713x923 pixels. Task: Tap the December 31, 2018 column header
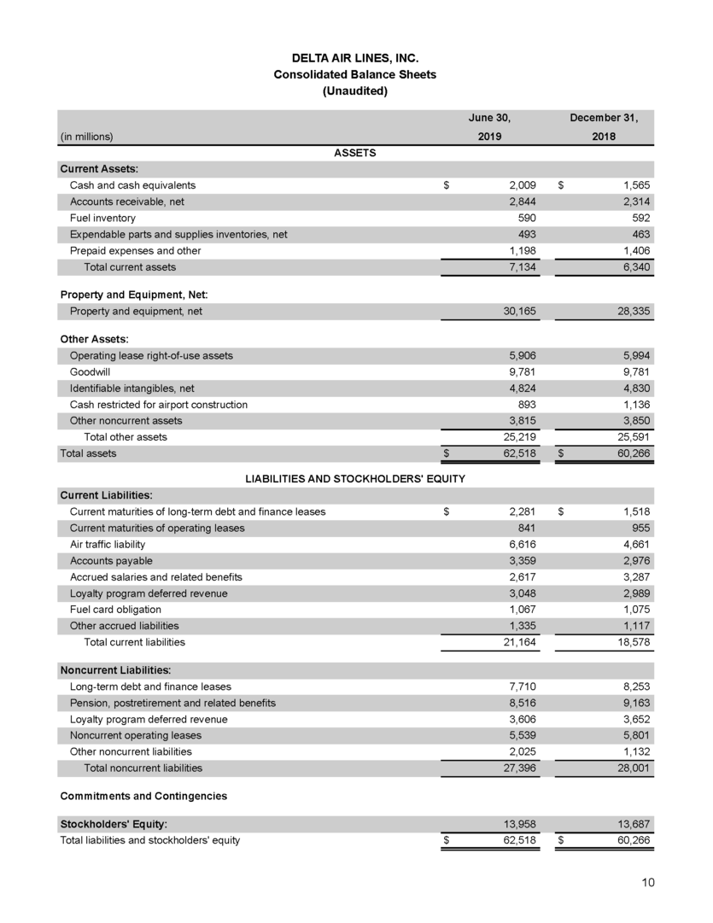click(605, 127)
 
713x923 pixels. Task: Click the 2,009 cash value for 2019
click(520, 185)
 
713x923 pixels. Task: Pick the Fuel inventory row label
click(96, 218)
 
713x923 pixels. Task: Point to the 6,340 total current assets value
click(635, 267)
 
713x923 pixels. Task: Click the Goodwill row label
click(90, 371)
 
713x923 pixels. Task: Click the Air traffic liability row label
click(108, 544)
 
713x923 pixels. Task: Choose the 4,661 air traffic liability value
click(635, 544)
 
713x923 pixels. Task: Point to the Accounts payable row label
click(112, 560)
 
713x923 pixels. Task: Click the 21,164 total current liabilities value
click(517, 641)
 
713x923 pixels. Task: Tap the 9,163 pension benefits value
click(635, 703)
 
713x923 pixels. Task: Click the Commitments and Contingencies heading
click(143, 796)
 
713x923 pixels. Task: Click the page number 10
click(648, 883)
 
